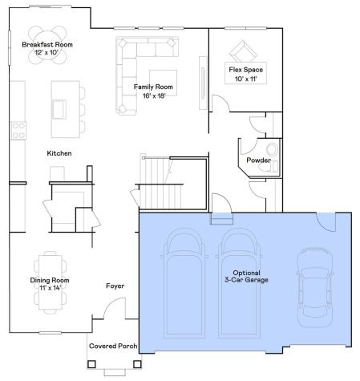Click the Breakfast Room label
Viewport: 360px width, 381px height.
pyautogui.click(x=47, y=45)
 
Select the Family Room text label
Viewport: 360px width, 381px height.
pyautogui.click(x=154, y=87)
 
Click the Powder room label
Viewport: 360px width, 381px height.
pyautogui.click(x=258, y=160)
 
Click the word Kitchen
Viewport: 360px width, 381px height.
pyautogui.click(x=60, y=153)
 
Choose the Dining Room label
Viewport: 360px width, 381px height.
pyautogui.click(x=50, y=280)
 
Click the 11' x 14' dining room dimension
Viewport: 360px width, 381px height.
pyautogui.click(x=50, y=288)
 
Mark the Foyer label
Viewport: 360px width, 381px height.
pyautogui.click(x=115, y=286)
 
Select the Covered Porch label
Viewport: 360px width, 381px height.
pyautogui.click(x=113, y=347)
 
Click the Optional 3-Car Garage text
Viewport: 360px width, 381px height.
pyautogui.click(x=245, y=276)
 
